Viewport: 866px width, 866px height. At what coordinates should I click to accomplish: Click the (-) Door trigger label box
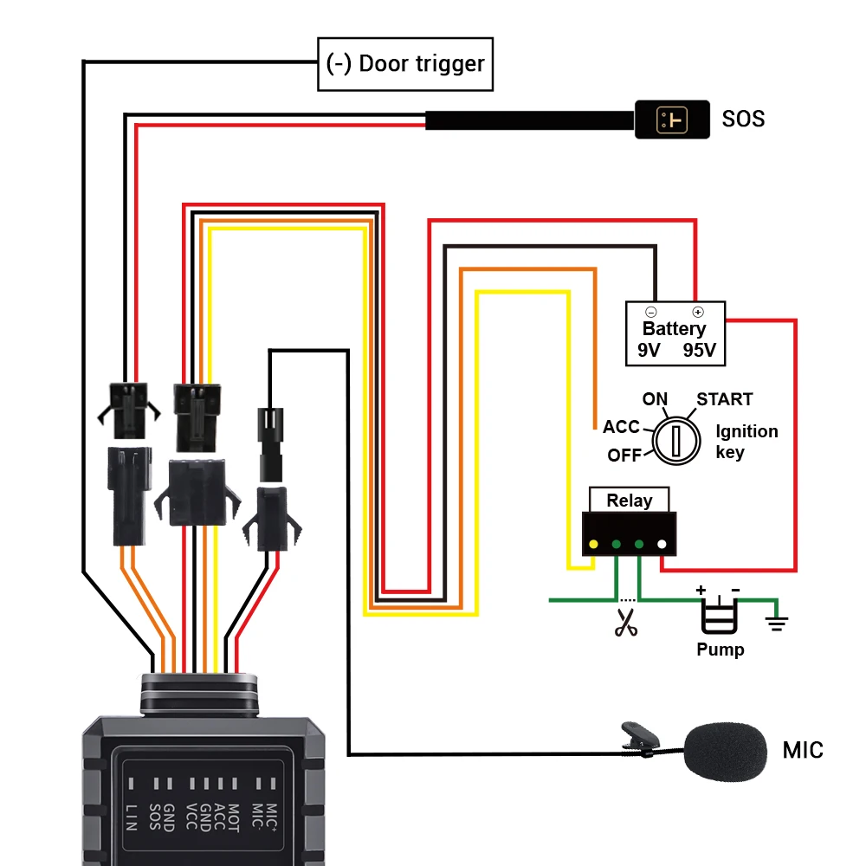405,63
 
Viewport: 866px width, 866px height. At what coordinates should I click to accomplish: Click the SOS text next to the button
743,119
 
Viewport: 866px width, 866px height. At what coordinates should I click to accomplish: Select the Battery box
675,333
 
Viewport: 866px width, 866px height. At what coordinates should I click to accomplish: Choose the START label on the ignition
724,399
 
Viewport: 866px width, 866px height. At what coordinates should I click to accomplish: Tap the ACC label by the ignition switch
621,427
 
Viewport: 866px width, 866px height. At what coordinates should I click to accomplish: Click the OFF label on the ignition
624,456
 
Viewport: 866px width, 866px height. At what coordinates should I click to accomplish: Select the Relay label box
629,500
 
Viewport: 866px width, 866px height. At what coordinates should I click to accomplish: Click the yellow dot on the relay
593,545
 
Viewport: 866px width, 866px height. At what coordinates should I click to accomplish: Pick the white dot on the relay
662,545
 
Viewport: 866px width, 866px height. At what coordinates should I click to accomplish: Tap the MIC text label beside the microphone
803,750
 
